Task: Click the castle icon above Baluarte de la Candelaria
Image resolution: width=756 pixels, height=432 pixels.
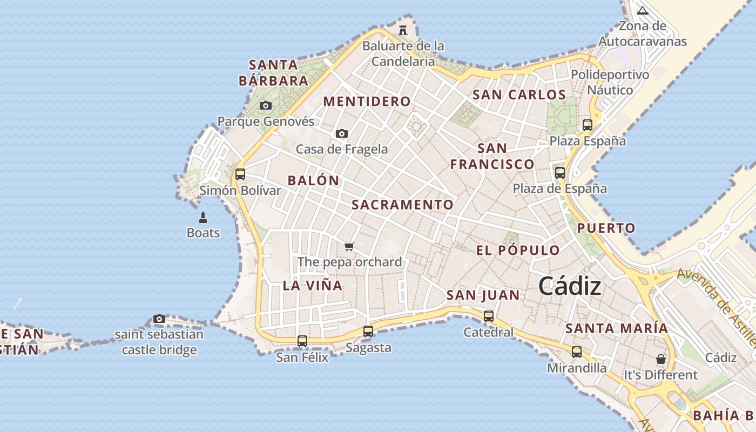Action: pyautogui.click(x=403, y=30)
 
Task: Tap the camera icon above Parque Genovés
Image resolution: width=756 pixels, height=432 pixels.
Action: pyautogui.click(x=266, y=105)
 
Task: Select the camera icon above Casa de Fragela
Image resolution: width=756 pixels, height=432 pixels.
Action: pyautogui.click(x=341, y=133)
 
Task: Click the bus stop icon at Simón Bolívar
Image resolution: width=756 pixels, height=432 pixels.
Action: pyautogui.click(x=240, y=174)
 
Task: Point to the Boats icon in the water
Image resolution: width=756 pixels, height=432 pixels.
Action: pyautogui.click(x=203, y=218)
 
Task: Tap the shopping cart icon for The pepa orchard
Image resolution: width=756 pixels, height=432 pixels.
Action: pyautogui.click(x=349, y=247)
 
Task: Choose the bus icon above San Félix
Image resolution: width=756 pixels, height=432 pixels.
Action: pyautogui.click(x=302, y=341)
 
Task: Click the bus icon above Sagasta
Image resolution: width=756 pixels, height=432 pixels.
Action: pyautogui.click(x=368, y=332)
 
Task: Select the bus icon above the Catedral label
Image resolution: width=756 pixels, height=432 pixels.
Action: pyautogui.click(x=489, y=316)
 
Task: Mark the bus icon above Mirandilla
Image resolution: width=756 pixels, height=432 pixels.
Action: pyautogui.click(x=577, y=352)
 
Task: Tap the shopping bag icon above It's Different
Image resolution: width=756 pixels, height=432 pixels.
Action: pyautogui.click(x=660, y=359)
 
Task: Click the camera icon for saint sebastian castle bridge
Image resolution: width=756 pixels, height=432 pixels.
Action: pyautogui.click(x=159, y=319)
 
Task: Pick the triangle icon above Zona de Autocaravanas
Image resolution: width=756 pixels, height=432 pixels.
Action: pyautogui.click(x=642, y=10)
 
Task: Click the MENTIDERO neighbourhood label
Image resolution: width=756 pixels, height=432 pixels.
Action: pyautogui.click(x=367, y=102)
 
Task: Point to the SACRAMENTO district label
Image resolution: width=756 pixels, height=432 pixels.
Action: pyautogui.click(x=402, y=205)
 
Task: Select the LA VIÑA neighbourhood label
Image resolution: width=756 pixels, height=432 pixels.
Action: pyautogui.click(x=313, y=286)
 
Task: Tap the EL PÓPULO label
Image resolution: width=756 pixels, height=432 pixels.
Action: pyautogui.click(x=518, y=251)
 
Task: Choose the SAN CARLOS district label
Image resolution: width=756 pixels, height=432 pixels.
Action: pyautogui.click(x=519, y=95)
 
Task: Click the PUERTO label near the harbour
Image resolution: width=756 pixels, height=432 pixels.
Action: pyautogui.click(x=606, y=228)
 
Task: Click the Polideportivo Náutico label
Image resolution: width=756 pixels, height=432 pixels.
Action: pyautogui.click(x=610, y=82)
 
